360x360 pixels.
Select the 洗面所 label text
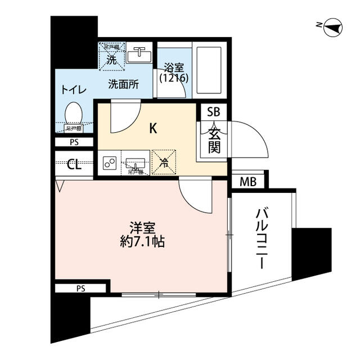124,85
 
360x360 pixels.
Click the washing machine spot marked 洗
112,58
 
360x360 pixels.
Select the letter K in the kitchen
152,128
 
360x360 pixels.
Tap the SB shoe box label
213,112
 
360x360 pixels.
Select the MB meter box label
247,182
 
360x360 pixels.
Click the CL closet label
74,165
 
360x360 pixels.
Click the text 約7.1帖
143,244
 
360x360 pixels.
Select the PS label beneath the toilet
74,142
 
